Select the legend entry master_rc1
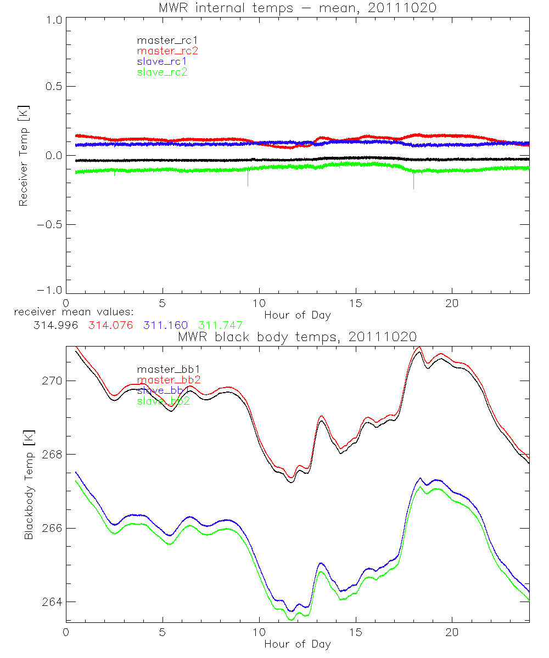click(x=162, y=40)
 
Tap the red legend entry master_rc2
click(x=167, y=50)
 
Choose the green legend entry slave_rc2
click(x=162, y=72)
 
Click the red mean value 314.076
click(x=110, y=325)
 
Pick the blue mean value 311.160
click(x=165, y=325)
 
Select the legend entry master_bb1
click(x=162, y=369)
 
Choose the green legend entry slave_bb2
click(x=163, y=401)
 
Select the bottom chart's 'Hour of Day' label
click(x=297, y=644)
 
